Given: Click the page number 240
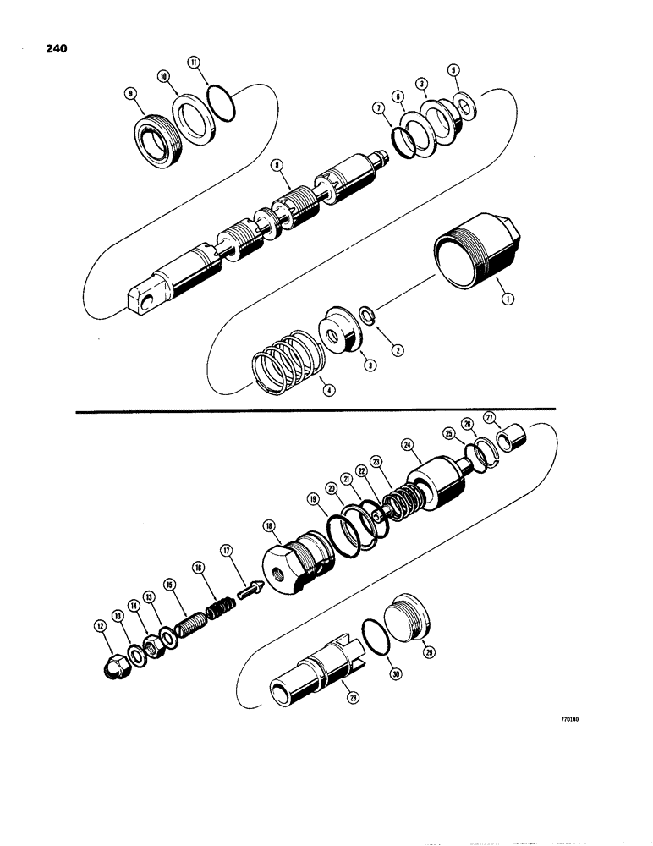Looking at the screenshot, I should pyautogui.click(x=53, y=48).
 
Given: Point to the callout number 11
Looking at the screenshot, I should pyautogui.click(x=194, y=63).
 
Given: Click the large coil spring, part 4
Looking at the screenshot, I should pyautogui.click(x=285, y=363).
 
